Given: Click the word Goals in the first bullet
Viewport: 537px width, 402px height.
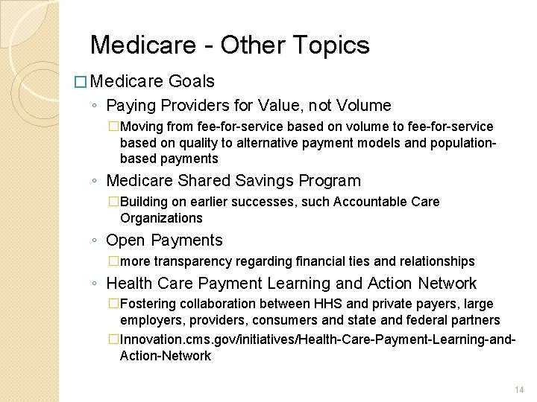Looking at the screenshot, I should click(192, 81).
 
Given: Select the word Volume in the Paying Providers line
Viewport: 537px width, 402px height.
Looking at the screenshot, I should click(363, 106).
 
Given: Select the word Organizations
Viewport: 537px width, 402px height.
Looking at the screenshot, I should click(161, 218).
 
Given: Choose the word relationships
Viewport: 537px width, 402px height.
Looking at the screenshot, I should click(436, 261).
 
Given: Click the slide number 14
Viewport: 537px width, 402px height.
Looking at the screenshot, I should click(520, 389).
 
